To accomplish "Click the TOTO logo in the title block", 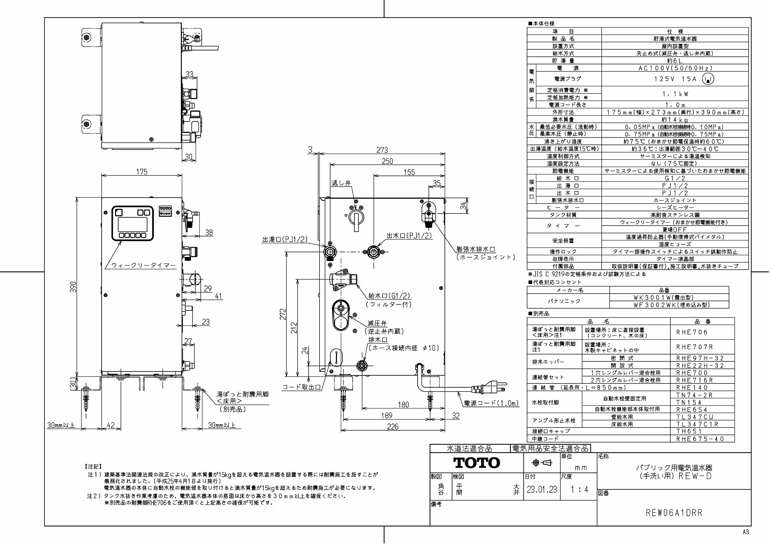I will coord(476,463).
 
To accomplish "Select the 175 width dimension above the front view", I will coord(142,172).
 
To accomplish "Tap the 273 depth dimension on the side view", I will coord(382,150).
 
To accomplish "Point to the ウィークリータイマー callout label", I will coord(143,265).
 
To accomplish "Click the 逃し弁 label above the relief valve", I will coord(341,183).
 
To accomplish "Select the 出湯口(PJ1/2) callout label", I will coord(285,240).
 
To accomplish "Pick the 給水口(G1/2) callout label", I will coord(389,296).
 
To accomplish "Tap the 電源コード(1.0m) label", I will coord(491,404).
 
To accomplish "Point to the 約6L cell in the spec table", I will coord(675,61).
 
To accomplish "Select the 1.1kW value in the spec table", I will coord(675,94).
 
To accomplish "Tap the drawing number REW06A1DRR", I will coord(674,513).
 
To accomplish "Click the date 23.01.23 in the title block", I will coord(542,489).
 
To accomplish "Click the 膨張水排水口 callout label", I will coord(476,249).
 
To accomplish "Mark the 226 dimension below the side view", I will coord(392,427).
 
